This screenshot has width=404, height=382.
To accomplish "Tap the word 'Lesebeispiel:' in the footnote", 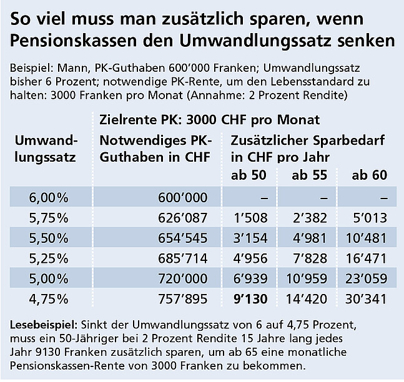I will coord(41,325).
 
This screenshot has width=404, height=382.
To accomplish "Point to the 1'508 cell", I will coord(247,218).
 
